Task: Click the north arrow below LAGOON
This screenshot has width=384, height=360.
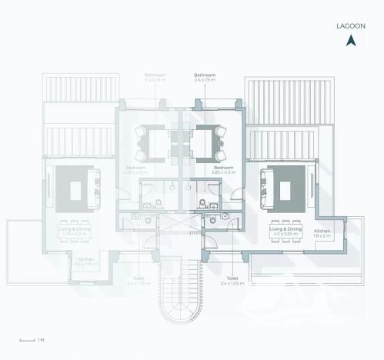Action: click(352, 41)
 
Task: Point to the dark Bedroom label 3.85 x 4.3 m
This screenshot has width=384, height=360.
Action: click(224, 169)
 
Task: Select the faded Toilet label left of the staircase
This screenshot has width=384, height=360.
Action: click(139, 281)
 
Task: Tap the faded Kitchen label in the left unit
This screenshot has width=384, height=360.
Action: click(86, 262)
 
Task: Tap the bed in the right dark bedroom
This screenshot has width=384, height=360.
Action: click(206, 142)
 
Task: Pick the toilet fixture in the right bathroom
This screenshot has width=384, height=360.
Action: click(202, 204)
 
